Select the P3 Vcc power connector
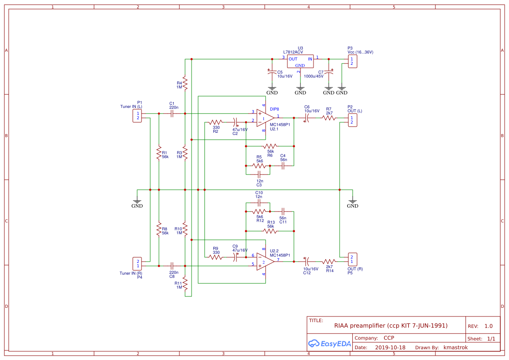[352, 61]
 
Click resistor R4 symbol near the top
[185, 83]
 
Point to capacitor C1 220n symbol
[172, 114]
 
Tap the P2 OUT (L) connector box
[352, 120]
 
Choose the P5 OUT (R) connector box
[352, 259]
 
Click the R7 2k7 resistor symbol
[329, 118]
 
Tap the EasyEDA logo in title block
[329, 343]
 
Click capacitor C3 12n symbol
[260, 174]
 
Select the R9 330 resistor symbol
[216, 257]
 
